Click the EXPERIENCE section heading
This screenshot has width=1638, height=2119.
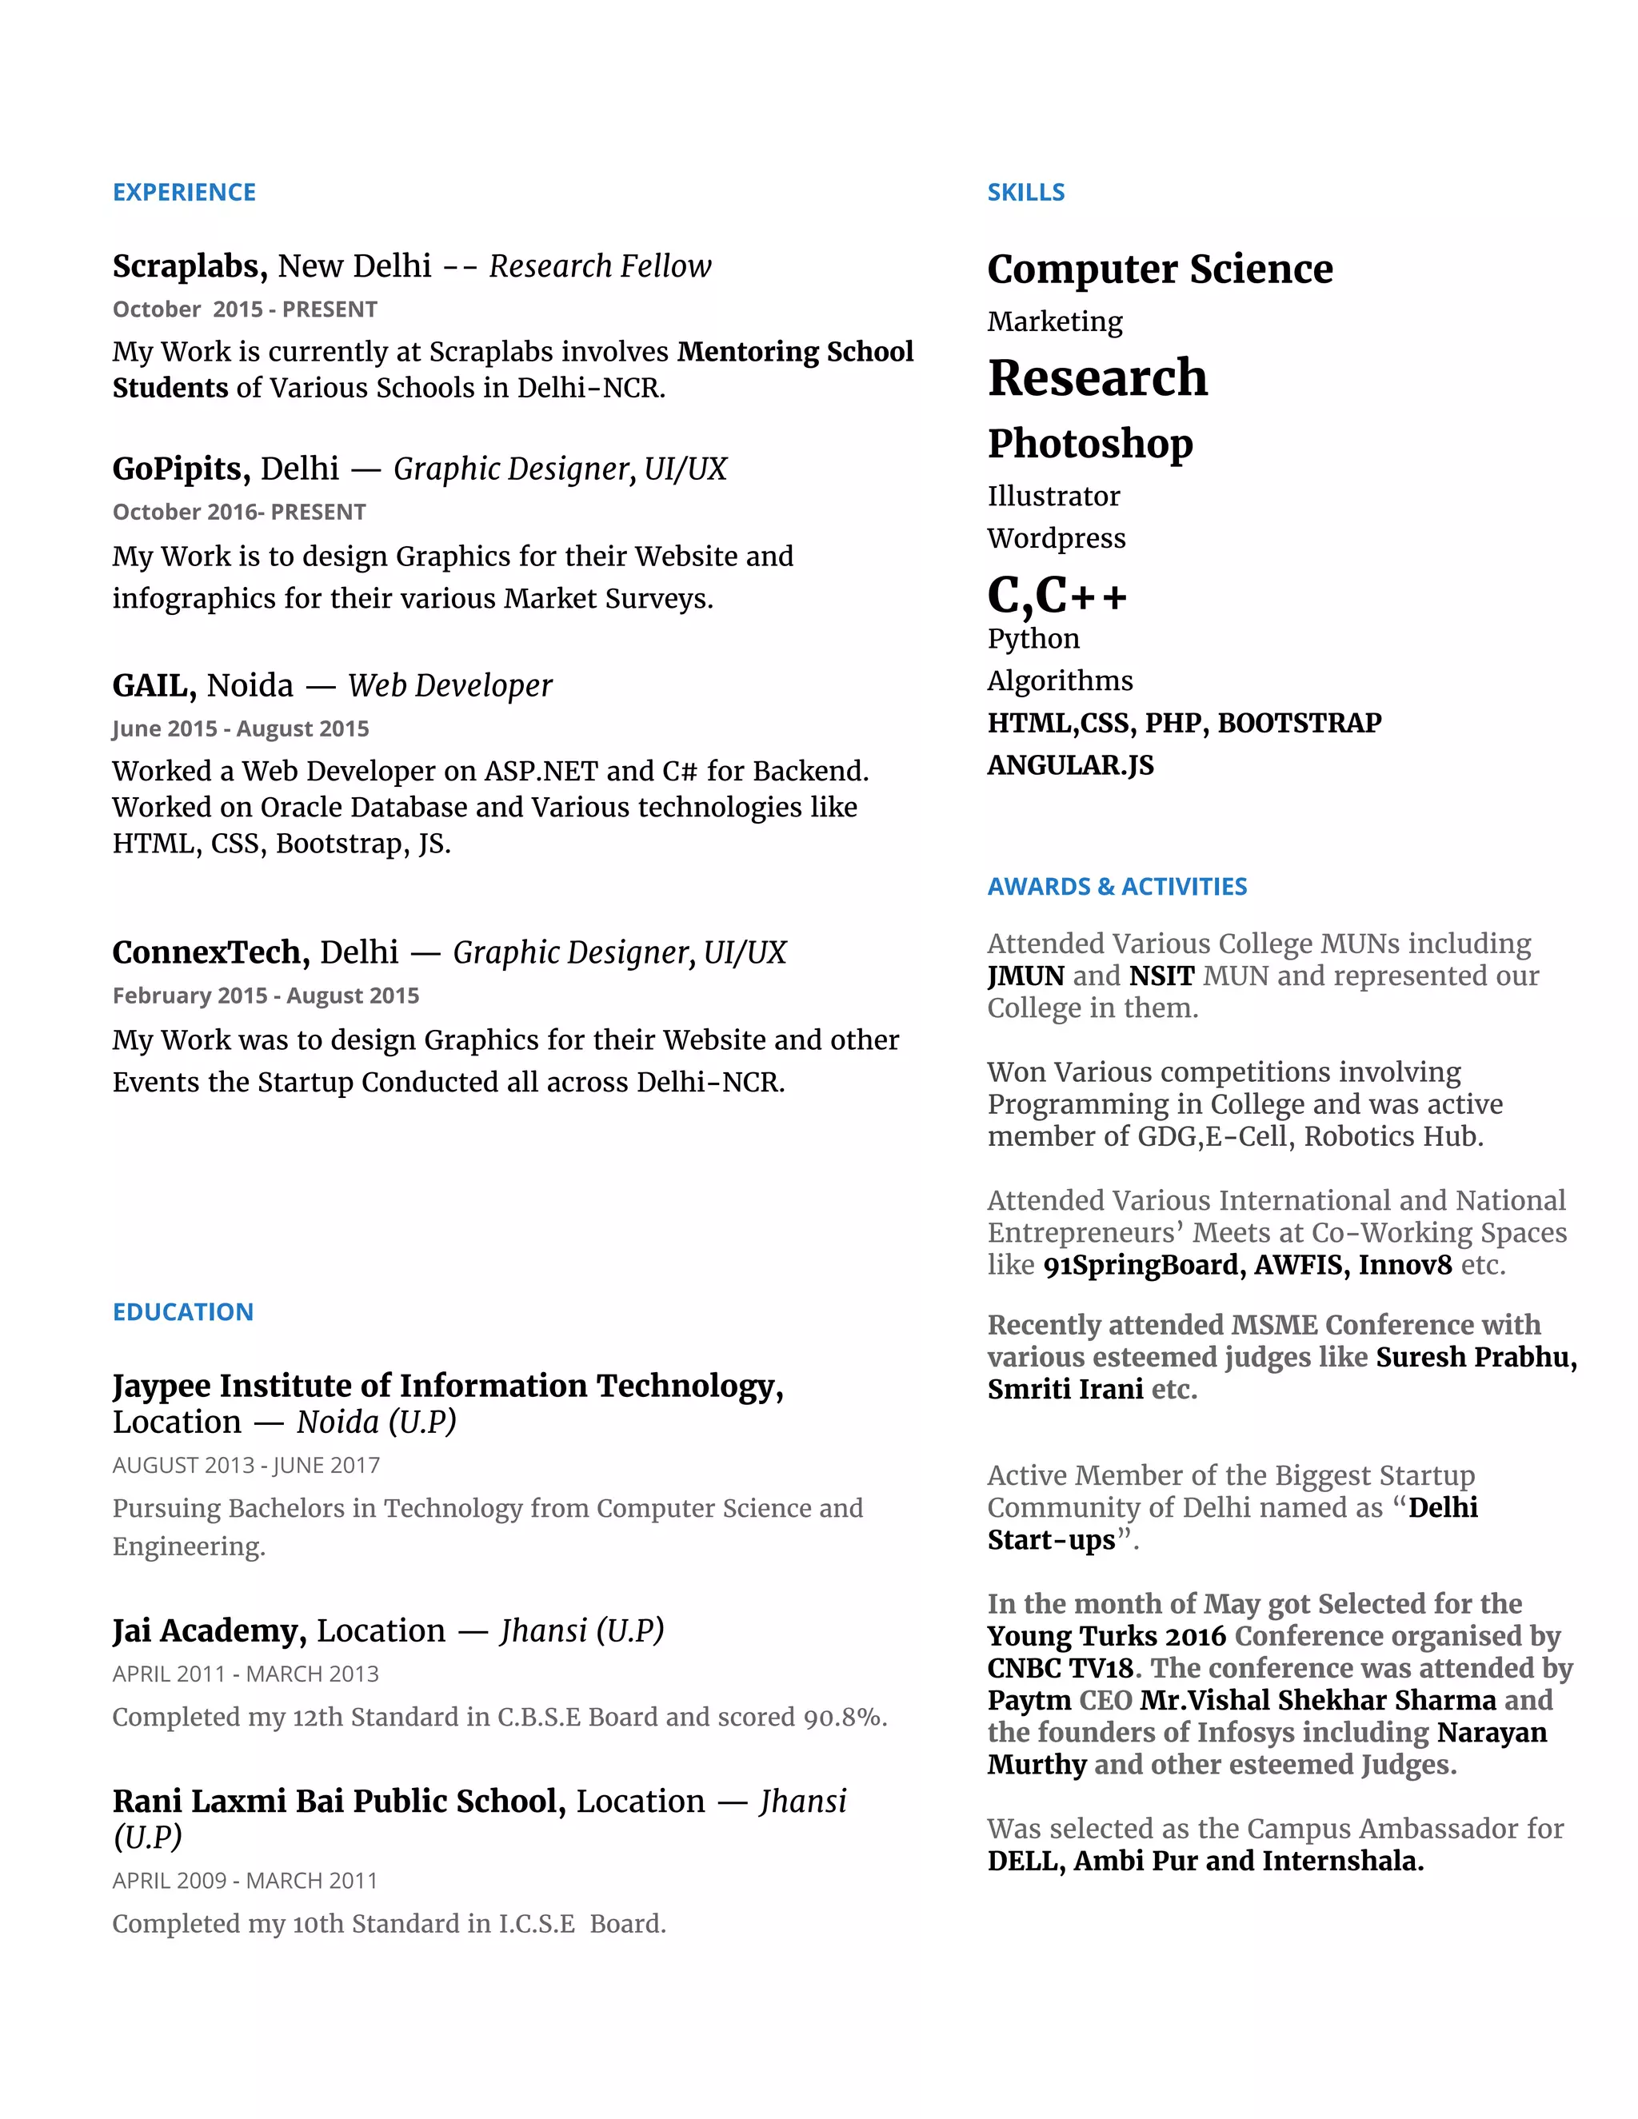185,192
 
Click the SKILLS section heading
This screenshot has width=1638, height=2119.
1025,192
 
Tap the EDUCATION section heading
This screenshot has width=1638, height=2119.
182,1311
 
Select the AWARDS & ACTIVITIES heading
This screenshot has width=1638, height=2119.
1117,886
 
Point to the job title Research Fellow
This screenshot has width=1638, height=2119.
600,265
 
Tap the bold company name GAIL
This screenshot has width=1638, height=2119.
154,685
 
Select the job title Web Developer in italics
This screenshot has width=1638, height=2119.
450,685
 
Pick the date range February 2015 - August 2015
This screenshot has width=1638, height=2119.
266,996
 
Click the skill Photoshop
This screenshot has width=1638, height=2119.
1090,444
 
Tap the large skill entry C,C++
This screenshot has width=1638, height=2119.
1057,595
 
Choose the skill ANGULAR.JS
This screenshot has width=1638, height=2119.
1070,764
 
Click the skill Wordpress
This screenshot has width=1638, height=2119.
1056,537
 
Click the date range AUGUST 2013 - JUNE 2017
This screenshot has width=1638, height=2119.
246,1465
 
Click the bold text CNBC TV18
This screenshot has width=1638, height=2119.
1060,1668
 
